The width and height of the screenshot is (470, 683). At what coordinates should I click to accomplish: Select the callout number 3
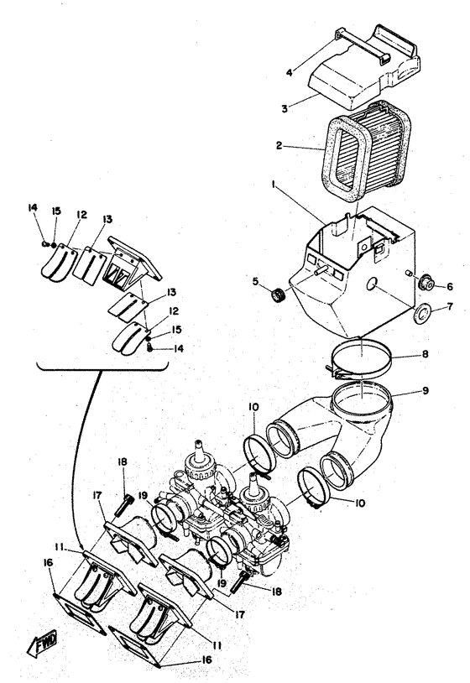[x=285, y=109]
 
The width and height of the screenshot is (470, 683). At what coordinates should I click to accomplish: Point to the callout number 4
[x=290, y=72]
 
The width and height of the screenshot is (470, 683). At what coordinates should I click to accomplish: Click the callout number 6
[x=449, y=286]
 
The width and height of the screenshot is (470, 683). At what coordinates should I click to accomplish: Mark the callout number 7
[x=449, y=307]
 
